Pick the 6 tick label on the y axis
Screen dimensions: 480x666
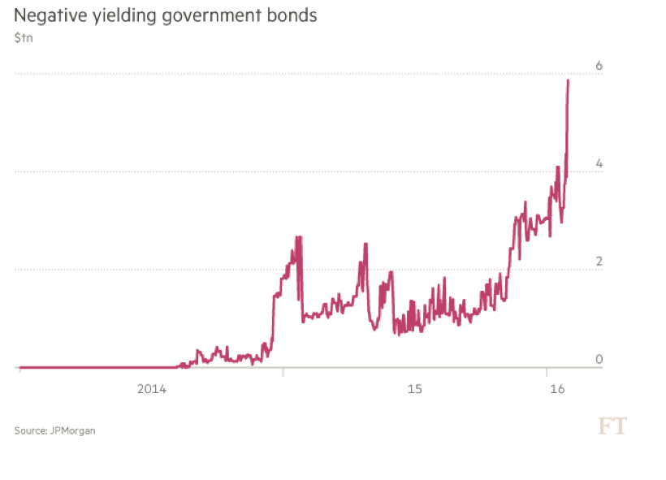599,66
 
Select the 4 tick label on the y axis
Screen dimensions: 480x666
599,163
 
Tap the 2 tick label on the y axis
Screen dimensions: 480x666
599,262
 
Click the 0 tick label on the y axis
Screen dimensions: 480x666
599,359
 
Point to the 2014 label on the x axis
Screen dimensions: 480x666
152,390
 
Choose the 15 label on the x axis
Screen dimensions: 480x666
414,390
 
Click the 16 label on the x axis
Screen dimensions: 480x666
557,390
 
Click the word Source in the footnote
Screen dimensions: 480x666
29,430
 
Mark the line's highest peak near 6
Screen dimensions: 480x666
568,80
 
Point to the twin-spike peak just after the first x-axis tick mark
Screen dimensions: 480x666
299,237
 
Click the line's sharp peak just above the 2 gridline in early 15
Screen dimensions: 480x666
365,244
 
